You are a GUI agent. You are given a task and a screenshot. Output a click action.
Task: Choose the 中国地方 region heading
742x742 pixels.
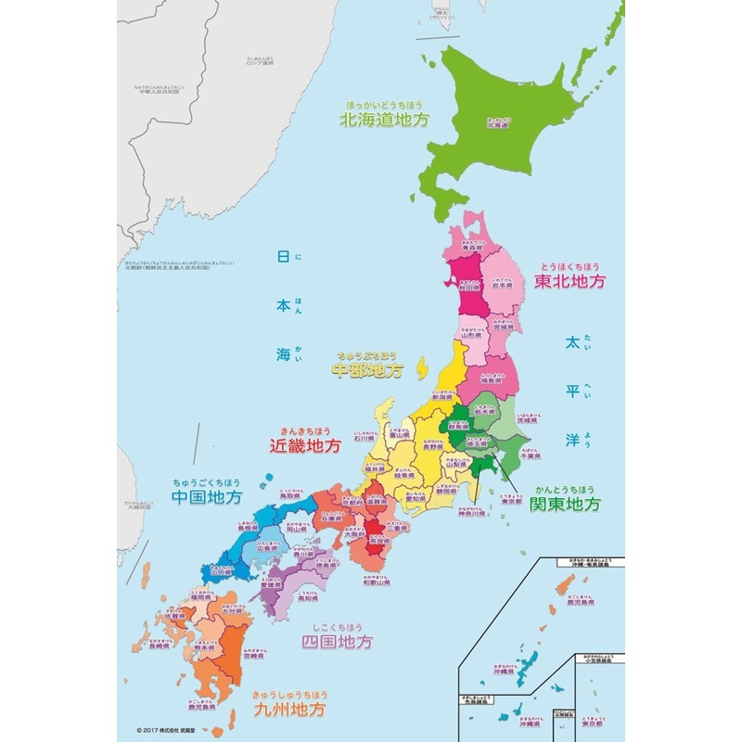(207, 497)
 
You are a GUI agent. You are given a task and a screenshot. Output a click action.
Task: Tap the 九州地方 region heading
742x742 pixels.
(289, 711)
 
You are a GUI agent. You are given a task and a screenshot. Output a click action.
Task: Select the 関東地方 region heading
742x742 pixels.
(565, 505)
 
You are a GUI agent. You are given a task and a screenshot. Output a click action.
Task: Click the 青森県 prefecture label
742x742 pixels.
(474, 249)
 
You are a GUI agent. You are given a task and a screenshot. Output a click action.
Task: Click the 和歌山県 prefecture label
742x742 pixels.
(376, 582)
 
